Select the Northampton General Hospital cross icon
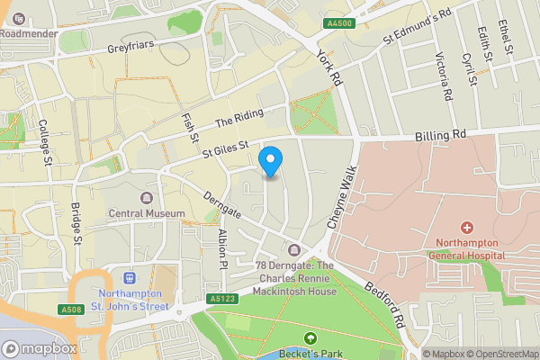[x=466, y=229]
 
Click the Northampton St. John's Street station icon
[x=129, y=279]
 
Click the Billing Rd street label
[x=441, y=134]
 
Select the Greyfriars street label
[x=131, y=47]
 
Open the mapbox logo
[x=39, y=348]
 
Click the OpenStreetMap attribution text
[x=505, y=354]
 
